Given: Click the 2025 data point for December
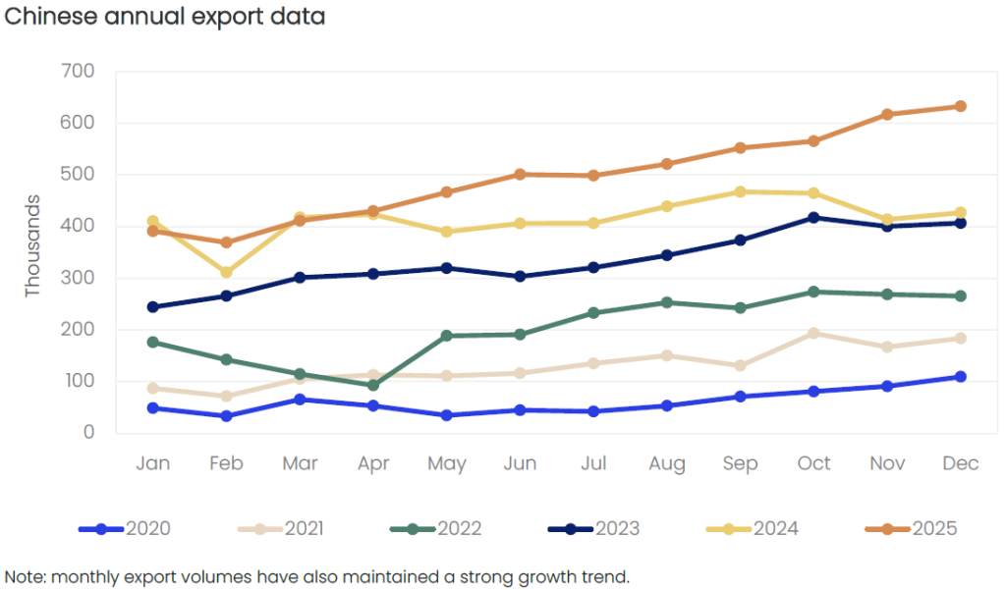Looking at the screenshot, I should pos(961,106).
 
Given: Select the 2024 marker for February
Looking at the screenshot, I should pos(226,272).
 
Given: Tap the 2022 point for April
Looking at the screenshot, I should pos(373,385).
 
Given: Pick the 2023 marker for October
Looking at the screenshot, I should pos(814,217).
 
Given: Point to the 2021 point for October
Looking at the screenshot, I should pos(814,333).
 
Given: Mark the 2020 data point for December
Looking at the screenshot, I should pos(961,376).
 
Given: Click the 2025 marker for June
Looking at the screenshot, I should pos(520,174).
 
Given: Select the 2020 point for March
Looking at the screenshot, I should pos(300,399).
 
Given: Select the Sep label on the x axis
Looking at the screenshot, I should pos(740,463).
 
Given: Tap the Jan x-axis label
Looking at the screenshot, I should pos(152,463).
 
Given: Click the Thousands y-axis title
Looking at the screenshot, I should pos(32,245).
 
